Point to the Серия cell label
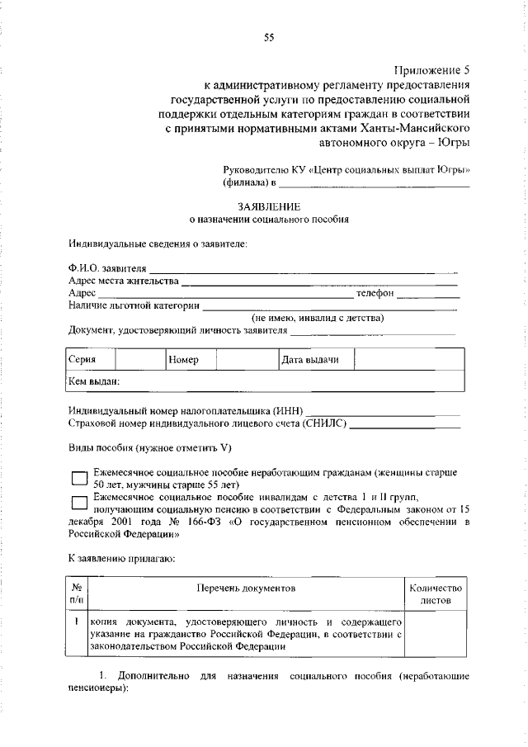(82, 360)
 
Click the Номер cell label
(183, 360)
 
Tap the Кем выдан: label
(95, 381)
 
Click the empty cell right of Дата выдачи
(408, 360)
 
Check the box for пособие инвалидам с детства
(79, 503)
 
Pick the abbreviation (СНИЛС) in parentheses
(325, 423)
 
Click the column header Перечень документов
(245, 588)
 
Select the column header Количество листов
(436, 593)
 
